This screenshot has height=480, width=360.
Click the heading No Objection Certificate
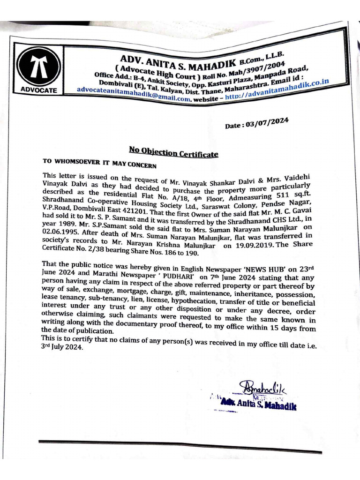pyautogui.click(x=173, y=152)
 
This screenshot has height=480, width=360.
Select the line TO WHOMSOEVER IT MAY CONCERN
pyautogui.click(x=99, y=164)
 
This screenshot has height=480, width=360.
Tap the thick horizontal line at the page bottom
pyautogui.click(x=180, y=446)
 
